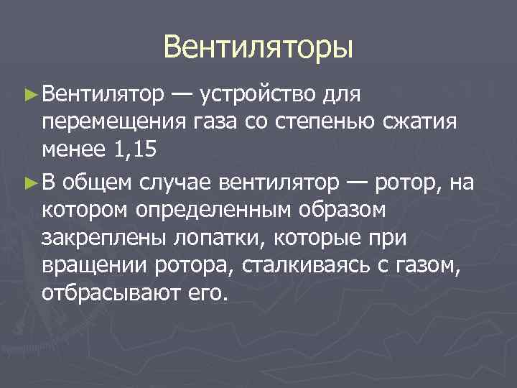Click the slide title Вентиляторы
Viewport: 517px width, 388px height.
point(258,47)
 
